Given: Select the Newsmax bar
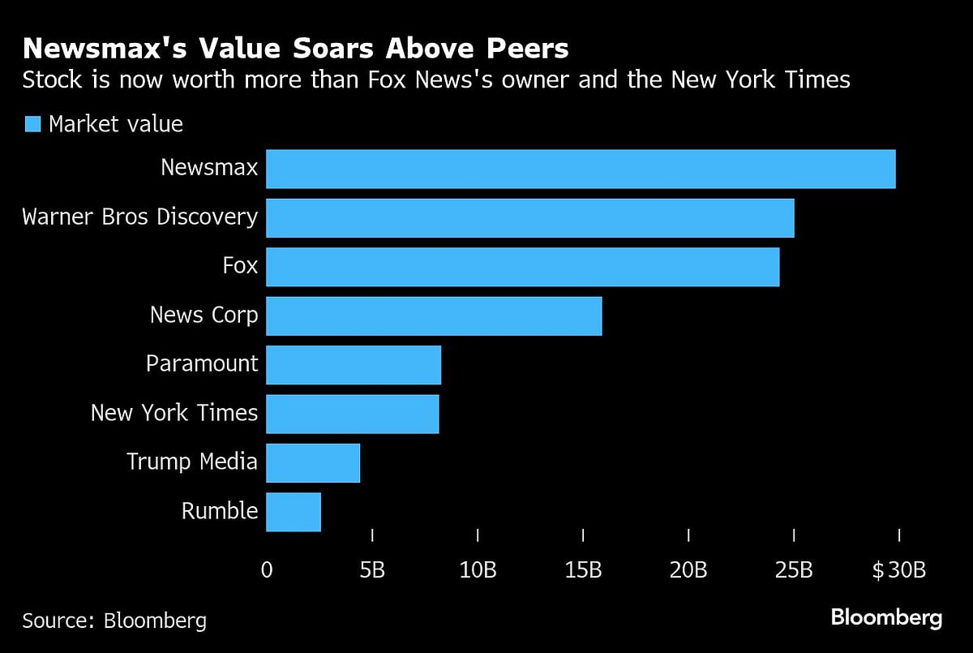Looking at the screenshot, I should point(581,169).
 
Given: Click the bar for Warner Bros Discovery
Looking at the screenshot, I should point(529,217).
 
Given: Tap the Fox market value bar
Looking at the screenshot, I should point(522,267).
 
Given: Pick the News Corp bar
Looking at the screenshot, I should point(434,316).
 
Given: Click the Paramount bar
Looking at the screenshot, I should point(354,364).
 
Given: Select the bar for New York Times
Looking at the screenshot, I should point(352,414).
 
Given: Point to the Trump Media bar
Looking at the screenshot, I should point(313,462).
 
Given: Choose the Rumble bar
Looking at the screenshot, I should point(294,512).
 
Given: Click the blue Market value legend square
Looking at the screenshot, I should point(32,124).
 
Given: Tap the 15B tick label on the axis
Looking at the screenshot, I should point(583,570).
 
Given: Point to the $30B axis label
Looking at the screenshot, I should point(898,570).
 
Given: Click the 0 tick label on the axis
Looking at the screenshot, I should point(267,570).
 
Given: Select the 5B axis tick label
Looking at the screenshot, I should point(372,570).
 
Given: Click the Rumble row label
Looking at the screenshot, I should point(219,511).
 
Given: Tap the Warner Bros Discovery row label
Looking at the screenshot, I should point(139,217).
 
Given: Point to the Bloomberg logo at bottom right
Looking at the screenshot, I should point(886,618).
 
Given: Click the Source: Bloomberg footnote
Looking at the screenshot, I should point(114,621).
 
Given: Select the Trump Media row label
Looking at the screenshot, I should point(191,462).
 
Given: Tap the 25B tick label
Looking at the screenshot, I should point(794,570).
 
